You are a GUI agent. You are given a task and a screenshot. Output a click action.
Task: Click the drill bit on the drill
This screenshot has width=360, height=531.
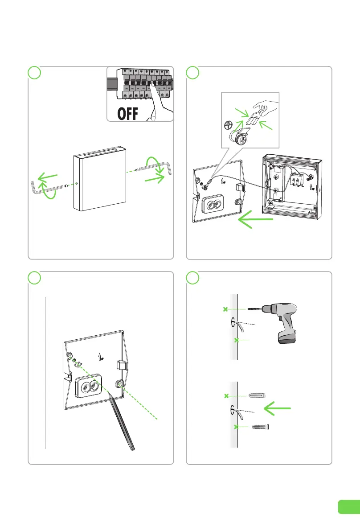[x=252, y=309]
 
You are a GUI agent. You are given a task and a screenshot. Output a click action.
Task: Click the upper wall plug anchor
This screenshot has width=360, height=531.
[x=257, y=395]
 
